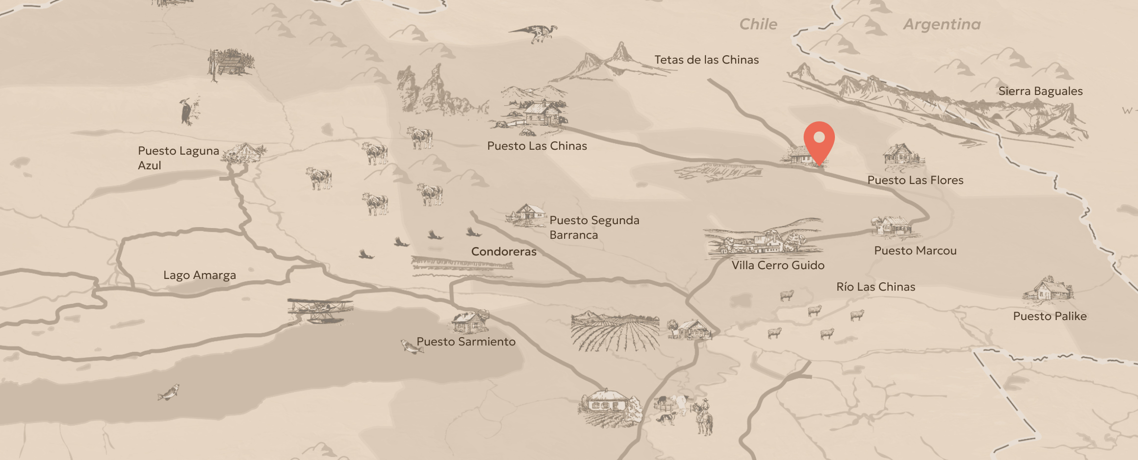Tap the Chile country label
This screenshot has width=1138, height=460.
(758, 24)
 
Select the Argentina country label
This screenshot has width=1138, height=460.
(941, 24)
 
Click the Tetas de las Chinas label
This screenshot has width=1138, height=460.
(706, 60)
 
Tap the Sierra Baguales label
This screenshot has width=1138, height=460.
(1040, 91)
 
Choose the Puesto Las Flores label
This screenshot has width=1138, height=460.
(915, 180)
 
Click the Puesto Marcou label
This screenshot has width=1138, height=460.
(915, 251)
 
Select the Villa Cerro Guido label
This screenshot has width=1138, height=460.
(778, 265)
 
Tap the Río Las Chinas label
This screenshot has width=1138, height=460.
(875, 287)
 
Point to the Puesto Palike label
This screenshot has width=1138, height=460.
(1050, 316)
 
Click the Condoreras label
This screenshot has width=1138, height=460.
(503, 252)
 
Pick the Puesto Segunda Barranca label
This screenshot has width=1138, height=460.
(594, 228)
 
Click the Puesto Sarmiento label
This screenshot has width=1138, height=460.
(466, 342)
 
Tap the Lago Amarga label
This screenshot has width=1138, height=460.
(199, 275)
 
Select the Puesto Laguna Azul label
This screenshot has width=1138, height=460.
(178, 158)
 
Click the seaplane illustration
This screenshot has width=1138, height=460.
(320, 310)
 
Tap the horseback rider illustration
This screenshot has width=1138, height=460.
(703, 416)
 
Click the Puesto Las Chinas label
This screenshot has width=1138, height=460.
(537, 146)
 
